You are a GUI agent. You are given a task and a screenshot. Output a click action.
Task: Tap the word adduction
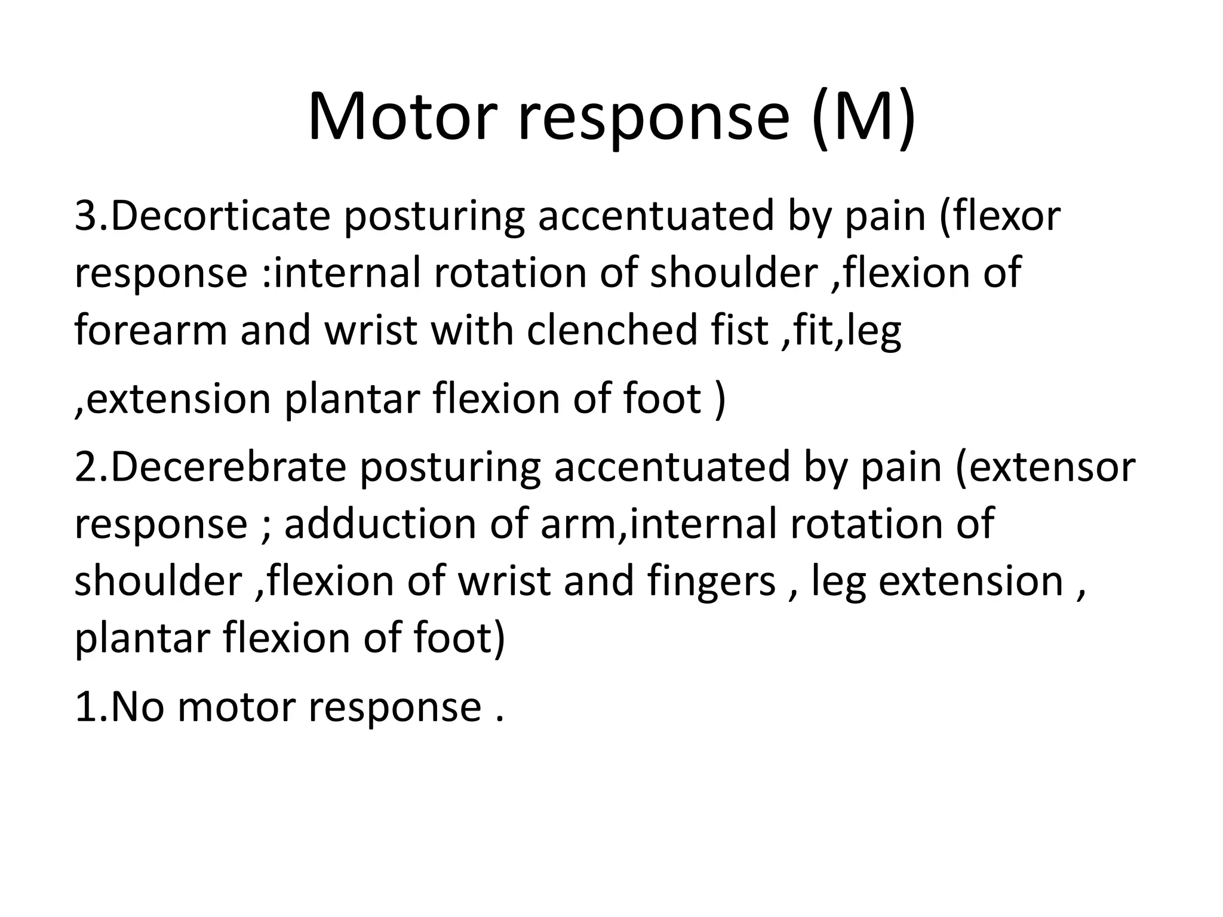point(380,523)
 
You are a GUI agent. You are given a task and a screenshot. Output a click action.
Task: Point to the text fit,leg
point(847,331)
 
